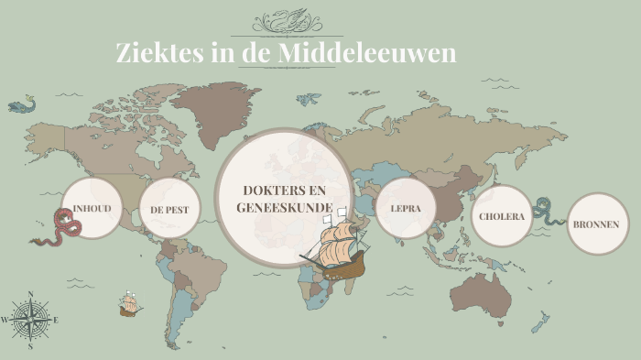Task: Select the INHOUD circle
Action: coord(92,209)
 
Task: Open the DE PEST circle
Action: coord(169,209)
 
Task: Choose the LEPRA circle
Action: coord(405,208)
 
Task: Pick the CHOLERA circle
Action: coord(502,216)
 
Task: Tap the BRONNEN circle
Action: coord(597,224)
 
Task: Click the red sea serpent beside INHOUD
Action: coord(57,229)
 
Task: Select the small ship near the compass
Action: coord(129,304)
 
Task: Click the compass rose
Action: coord(30,320)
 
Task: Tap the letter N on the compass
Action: coord(30,295)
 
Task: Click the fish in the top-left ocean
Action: coord(20,107)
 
